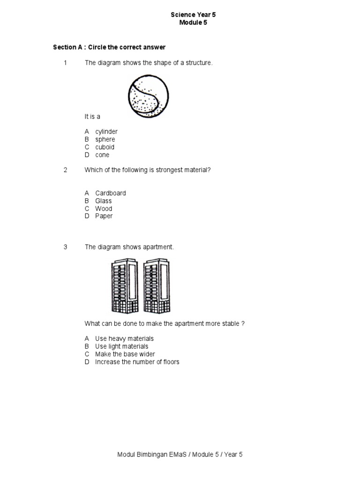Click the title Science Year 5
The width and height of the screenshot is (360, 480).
[193, 15]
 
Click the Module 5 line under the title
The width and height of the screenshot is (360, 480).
[193, 23]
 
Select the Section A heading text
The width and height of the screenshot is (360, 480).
[109, 47]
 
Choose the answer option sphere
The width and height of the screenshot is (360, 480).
[105, 139]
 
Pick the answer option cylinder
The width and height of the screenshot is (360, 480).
[106, 132]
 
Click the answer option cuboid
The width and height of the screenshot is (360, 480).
[105, 147]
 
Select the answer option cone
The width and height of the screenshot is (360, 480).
[102, 155]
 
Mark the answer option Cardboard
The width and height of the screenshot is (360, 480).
[111, 193]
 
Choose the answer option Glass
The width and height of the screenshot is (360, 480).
[104, 201]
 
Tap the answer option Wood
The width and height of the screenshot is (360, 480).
[104, 209]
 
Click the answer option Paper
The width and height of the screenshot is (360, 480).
[104, 216]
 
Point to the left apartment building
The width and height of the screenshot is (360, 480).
[125, 287]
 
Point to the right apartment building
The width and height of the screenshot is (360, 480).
[157, 287]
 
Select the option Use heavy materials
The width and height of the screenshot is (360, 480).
[124, 338]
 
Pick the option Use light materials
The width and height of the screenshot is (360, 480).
[121, 346]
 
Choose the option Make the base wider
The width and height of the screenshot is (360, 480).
[125, 354]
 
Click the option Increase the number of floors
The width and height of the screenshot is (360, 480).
[137, 362]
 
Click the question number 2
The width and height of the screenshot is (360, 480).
[66, 170]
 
